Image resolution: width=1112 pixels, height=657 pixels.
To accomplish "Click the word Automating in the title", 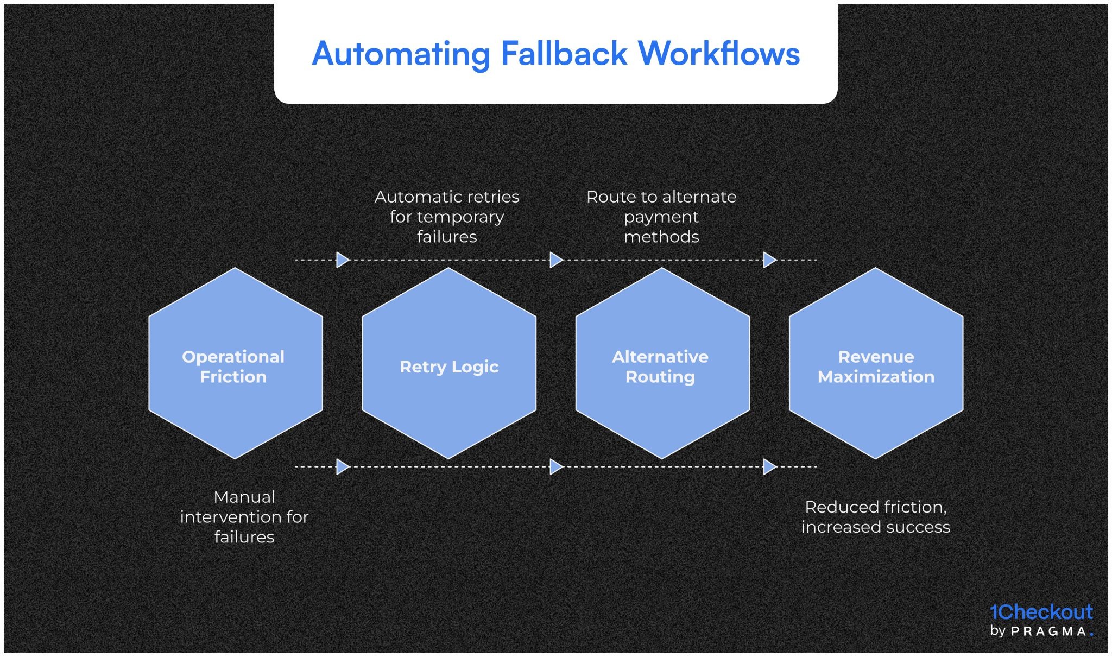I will pyautogui.click(x=401, y=54).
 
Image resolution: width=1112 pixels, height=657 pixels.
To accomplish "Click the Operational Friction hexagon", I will pyautogui.click(x=235, y=363).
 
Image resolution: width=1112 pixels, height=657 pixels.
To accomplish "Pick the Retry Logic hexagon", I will pyautogui.click(x=449, y=363).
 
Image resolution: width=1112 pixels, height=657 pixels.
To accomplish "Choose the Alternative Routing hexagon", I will pyautogui.click(x=662, y=363).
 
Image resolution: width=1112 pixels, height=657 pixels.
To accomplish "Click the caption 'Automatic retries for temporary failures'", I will pyautogui.click(x=447, y=217).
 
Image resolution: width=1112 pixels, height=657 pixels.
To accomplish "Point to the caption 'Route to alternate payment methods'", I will pyautogui.click(x=661, y=217).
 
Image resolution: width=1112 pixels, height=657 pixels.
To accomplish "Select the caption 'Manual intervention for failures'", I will pyautogui.click(x=244, y=516).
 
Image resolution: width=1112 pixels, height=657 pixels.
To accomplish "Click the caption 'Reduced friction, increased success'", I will pyautogui.click(x=875, y=516).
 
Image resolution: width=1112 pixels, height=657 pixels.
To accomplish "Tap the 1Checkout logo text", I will pyautogui.click(x=1041, y=612).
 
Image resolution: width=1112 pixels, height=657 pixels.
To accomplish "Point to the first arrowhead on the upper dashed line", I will pyautogui.click(x=343, y=260).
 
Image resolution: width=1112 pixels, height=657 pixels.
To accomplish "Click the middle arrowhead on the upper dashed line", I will pyautogui.click(x=556, y=260).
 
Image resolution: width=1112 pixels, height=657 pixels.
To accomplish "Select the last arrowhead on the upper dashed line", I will pyautogui.click(x=769, y=260).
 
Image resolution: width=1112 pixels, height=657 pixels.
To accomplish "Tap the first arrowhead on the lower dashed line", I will pyautogui.click(x=343, y=466).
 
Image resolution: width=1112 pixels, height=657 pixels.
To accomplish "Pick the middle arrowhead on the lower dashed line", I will pyautogui.click(x=556, y=466).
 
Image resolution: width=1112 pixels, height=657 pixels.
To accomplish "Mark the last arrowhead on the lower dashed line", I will pyautogui.click(x=769, y=466).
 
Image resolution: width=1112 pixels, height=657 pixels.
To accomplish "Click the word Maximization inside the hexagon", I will pyautogui.click(x=876, y=377).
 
